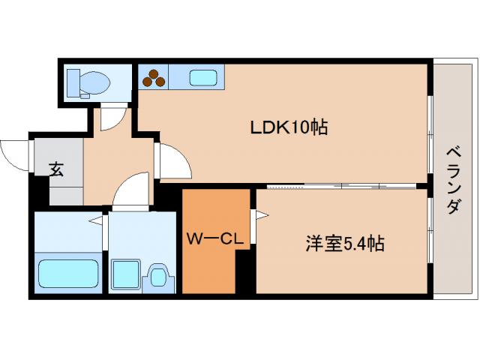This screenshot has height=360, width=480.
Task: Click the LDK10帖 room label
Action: tap(289, 127)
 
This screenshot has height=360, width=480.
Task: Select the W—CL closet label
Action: tap(213, 240)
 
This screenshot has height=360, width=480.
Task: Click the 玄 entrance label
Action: tap(56, 169)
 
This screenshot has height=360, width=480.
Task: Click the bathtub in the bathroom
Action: tap(68, 274)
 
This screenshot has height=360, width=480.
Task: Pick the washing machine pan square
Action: tap(126, 274)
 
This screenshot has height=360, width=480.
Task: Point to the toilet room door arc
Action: tap(112, 115)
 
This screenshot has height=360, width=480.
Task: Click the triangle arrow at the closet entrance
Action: tap(261, 217)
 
